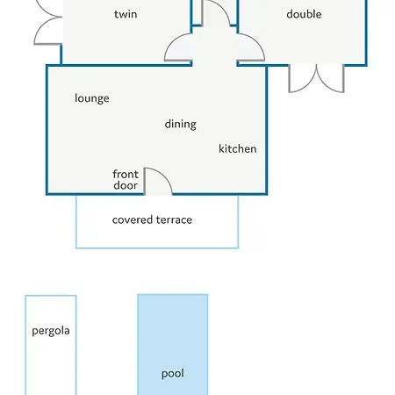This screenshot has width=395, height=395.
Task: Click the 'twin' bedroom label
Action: (x=126, y=14)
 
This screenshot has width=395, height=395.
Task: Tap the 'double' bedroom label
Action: (x=304, y=14)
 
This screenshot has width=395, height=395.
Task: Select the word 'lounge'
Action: (x=92, y=98)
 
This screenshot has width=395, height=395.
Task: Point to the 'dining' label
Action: (x=180, y=125)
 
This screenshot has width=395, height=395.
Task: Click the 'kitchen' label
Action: (x=238, y=148)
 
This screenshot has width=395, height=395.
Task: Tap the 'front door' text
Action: (x=126, y=180)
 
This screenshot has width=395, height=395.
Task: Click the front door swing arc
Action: (x=165, y=175)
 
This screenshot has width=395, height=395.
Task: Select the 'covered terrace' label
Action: (x=152, y=219)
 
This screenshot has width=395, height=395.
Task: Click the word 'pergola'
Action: (x=51, y=331)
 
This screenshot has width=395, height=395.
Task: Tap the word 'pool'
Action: (x=173, y=374)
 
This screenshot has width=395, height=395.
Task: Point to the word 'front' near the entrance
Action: (x=126, y=174)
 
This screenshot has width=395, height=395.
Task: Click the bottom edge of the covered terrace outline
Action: (x=157, y=248)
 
